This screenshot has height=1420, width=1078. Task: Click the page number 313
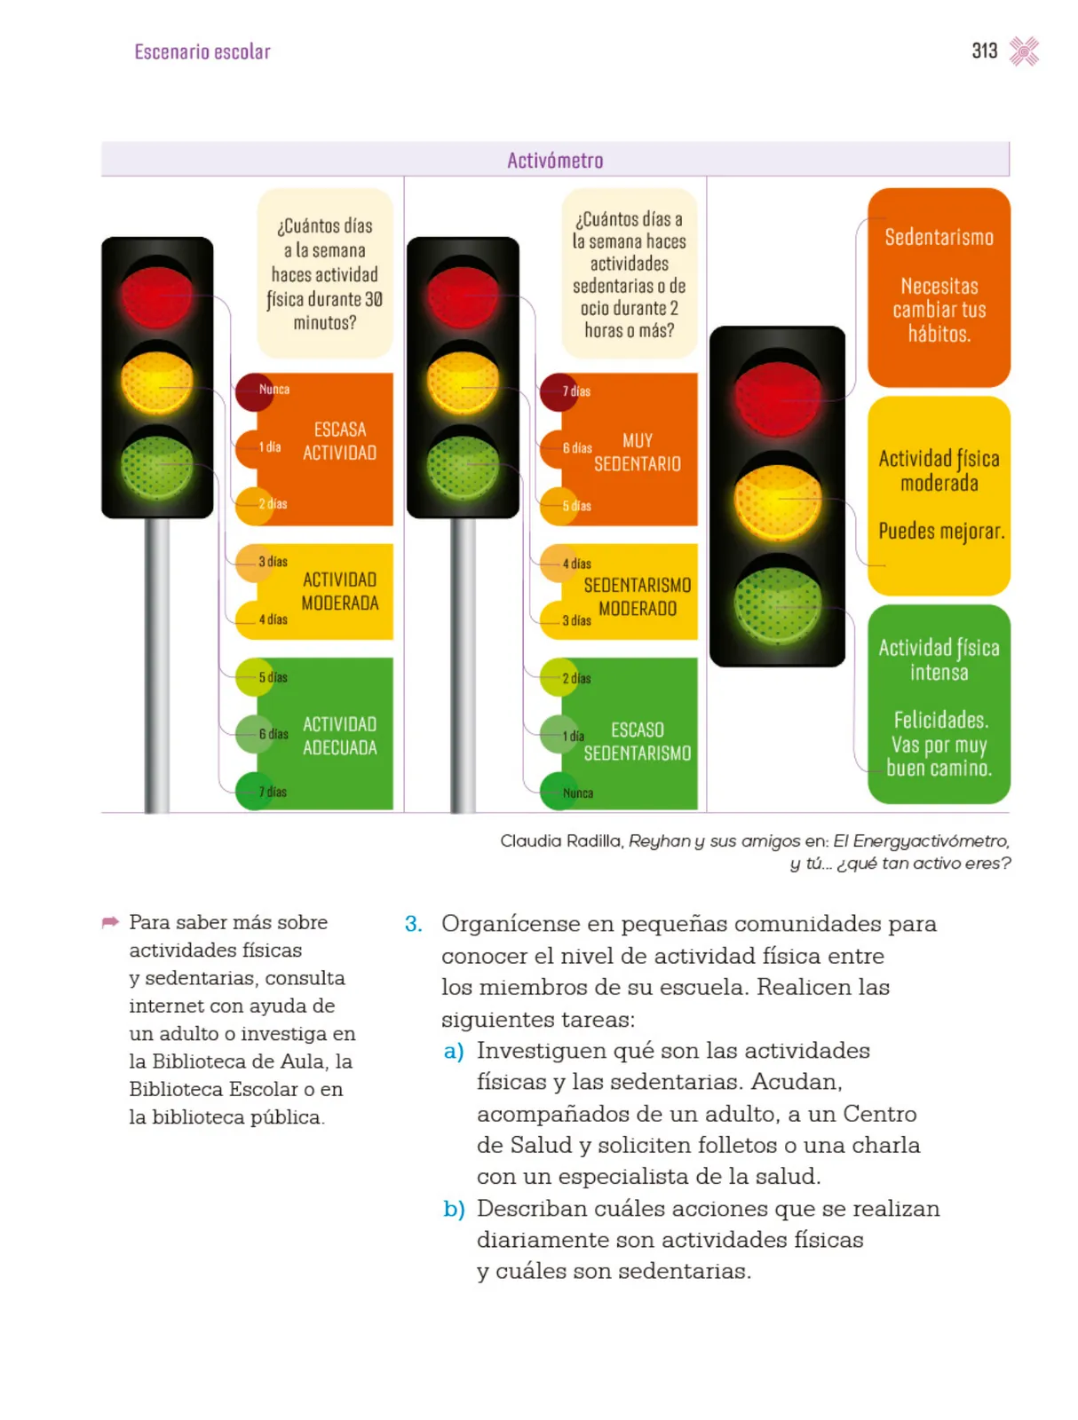[x=984, y=51]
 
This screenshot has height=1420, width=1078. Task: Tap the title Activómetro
[x=554, y=160]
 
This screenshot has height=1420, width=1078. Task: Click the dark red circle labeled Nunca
[x=254, y=391]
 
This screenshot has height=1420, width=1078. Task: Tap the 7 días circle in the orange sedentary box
[x=559, y=392]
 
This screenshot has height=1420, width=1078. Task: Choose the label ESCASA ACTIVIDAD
[x=339, y=440]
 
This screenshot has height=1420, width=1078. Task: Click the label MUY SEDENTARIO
[x=637, y=452]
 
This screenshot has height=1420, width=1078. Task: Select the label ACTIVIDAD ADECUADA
[x=339, y=736]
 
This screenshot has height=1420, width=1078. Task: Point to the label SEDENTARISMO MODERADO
[x=637, y=596]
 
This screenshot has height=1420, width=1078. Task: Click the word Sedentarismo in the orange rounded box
[x=939, y=237]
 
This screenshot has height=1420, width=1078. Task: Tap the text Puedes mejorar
[x=941, y=531]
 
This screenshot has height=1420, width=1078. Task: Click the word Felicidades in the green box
[x=940, y=720]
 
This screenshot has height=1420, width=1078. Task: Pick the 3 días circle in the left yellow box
[x=254, y=562]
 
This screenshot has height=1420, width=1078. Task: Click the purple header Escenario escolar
[x=202, y=51]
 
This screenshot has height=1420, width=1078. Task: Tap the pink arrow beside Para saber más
[x=110, y=921]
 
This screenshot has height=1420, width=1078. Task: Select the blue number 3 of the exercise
[x=413, y=923]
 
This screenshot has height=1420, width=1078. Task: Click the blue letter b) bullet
[x=454, y=1209]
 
